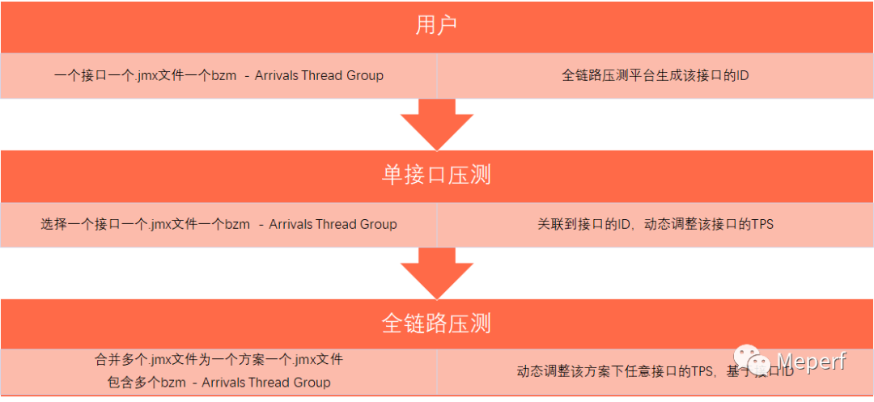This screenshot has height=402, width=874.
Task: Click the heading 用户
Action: point(436,26)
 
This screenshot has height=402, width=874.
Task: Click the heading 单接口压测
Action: point(436,175)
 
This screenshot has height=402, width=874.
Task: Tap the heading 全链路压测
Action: point(436,324)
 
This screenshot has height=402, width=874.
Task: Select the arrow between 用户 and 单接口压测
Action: point(436,125)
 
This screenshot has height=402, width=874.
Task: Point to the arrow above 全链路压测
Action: point(436,273)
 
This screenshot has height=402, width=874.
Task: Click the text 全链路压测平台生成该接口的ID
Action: point(655,76)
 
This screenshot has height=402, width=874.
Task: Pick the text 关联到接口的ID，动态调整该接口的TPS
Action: point(655,224)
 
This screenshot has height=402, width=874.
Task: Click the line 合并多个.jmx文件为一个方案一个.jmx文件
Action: point(218,359)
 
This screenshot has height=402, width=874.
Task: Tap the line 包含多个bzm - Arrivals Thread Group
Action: point(218,382)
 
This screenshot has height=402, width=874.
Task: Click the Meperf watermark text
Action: point(811,362)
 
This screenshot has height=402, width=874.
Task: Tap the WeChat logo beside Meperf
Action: point(752,362)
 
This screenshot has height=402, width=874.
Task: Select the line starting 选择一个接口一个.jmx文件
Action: point(218,224)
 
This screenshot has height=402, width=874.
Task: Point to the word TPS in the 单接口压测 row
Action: point(761,224)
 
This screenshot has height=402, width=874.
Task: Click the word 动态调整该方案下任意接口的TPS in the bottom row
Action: point(614,372)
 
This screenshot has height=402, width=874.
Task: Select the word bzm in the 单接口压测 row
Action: point(237,224)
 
